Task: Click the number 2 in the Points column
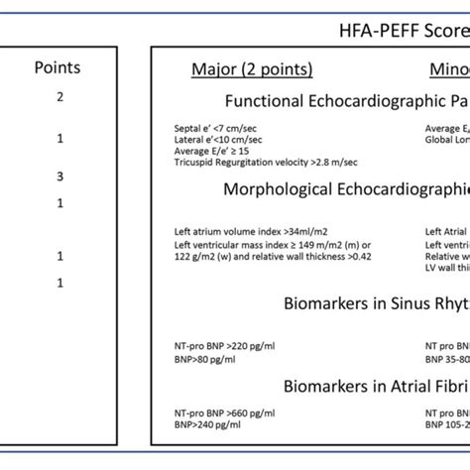coord(59,97)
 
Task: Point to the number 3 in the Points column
coord(59,177)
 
